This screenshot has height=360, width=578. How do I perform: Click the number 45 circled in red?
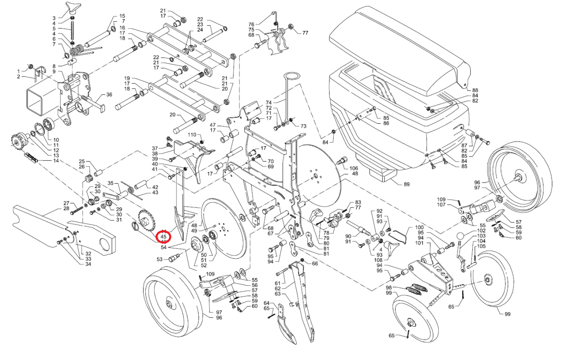pyautogui.click(x=163, y=236)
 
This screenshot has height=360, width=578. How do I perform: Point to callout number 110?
pyautogui.click(x=192, y=135)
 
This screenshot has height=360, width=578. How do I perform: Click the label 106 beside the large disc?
pyautogui.click(x=355, y=168)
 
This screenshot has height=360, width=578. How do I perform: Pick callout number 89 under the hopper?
pyautogui.click(x=407, y=184)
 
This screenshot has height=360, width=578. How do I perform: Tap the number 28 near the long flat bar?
pyautogui.click(x=66, y=208)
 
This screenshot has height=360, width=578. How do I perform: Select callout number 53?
pyautogui.click(x=159, y=259)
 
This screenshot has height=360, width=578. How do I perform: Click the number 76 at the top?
pyautogui.click(x=252, y=24)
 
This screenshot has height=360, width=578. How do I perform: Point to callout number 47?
pyautogui.click(x=213, y=125)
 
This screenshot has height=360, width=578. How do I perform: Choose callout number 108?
pyautogui.click(x=378, y=260)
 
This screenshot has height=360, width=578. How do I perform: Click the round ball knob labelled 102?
pyautogui.click(x=461, y=236)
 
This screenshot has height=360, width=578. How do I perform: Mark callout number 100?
pyautogui.click(x=419, y=228)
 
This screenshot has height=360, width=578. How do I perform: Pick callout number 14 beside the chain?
pyautogui.click(x=56, y=161)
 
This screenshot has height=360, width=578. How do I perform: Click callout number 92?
pyautogui.click(x=379, y=211)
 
